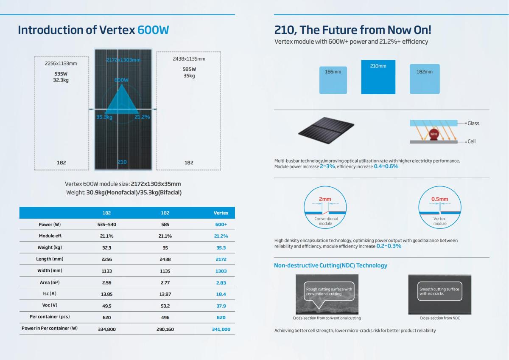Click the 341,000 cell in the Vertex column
tap(221, 329)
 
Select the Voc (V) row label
tap(50, 306)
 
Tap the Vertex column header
tap(221, 213)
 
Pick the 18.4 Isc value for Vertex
tap(221, 294)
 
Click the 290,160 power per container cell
tap(165, 329)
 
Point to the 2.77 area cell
tap(165, 282)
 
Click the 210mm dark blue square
tap(378, 77)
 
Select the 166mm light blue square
tap(333, 79)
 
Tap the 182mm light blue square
tap(424, 79)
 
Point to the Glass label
tap(473, 124)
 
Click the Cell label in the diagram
tap(471, 141)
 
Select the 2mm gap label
tap(325, 199)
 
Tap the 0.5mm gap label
tap(439, 199)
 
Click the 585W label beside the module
tap(189, 69)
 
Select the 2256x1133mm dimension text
tap(61, 64)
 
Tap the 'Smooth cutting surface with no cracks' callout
tap(439, 291)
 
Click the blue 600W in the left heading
tap(153, 30)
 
